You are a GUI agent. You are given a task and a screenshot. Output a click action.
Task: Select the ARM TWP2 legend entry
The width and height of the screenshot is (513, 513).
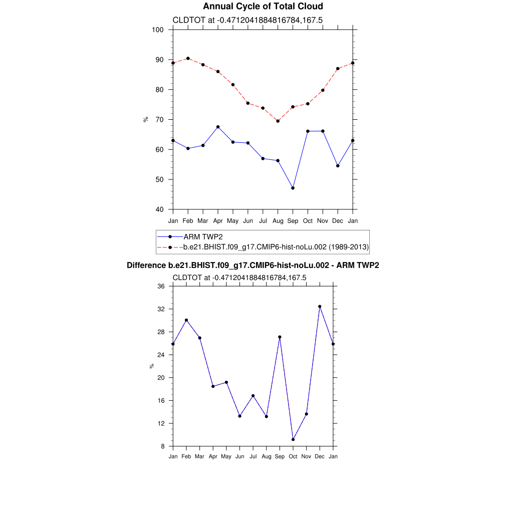click(x=203, y=236)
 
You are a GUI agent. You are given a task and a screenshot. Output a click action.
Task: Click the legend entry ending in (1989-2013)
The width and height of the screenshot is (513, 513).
click(x=276, y=246)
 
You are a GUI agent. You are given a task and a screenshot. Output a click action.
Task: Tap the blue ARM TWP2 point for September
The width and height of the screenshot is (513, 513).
click(x=293, y=188)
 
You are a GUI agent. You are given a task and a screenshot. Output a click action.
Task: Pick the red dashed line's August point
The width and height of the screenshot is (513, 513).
click(x=278, y=121)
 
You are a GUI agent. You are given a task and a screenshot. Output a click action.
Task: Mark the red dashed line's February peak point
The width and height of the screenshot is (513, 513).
click(x=188, y=58)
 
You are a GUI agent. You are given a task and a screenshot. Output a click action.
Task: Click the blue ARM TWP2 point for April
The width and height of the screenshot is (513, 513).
click(x=218, y=127)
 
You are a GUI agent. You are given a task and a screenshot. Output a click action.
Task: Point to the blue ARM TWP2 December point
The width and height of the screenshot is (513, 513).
click(x=338, y=166)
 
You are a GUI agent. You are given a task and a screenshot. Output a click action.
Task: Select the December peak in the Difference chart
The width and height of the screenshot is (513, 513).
click(x=320, y=307)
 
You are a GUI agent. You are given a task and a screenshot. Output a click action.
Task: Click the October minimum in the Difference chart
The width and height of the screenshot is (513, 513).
click(x=293, y=439)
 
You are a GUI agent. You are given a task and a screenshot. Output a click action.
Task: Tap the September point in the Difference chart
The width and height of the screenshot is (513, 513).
click(x=280, y=337)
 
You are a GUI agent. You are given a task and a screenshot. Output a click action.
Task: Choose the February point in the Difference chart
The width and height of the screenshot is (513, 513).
click(x=186, y=320)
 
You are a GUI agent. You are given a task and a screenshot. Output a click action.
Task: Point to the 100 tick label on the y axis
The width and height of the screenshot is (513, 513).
click(x=158, y=30)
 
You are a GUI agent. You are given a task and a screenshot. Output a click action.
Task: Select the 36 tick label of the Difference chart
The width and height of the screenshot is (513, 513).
click(x=161, y=286)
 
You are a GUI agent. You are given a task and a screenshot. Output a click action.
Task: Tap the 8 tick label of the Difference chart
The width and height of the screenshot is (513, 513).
click(x=163, y=446)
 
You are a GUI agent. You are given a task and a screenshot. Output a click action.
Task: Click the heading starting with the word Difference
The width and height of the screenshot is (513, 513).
click(x=252, y=266)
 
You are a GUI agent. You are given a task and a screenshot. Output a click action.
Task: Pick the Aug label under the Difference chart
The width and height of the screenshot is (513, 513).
click(x=267, y=456)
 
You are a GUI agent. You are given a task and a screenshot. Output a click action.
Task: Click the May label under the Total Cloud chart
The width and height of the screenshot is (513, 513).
click(x=233, y=221)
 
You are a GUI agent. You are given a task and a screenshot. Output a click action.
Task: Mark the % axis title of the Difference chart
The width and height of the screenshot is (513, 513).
click(x=152, y=366)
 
